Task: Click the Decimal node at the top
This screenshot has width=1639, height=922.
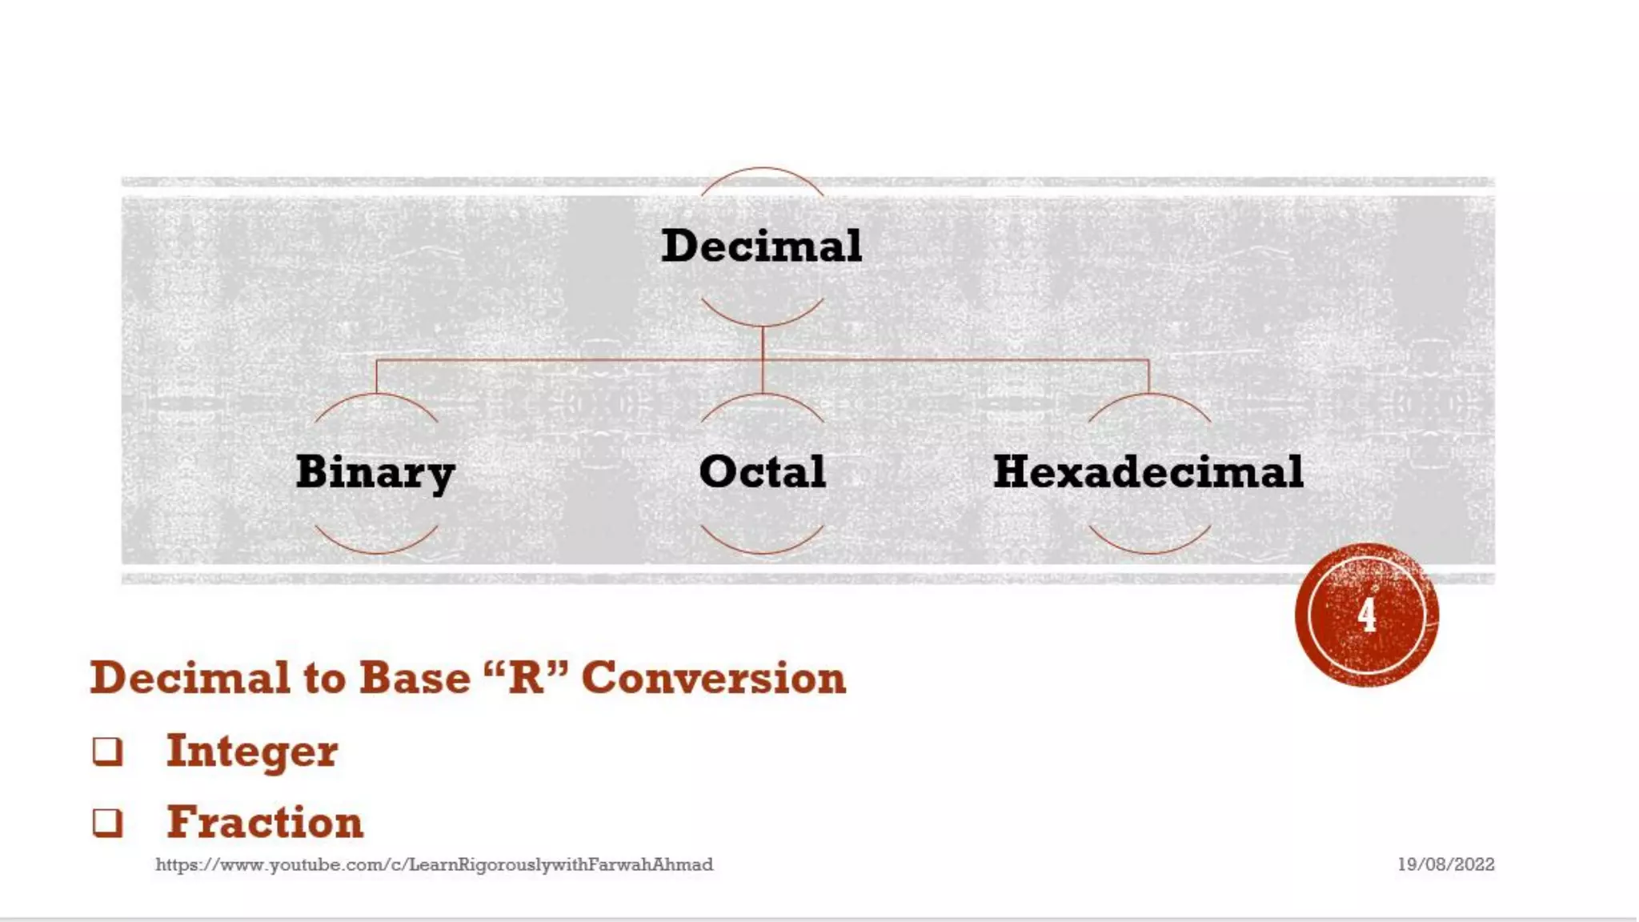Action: [x=762, y=245]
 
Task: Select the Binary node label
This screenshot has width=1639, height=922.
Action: [x=375, y=471]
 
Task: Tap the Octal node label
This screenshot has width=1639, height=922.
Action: [x=762, y=471]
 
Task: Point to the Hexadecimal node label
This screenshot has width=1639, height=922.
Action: [x=1148, y=471]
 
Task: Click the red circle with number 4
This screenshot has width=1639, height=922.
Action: [x=1367, y=615]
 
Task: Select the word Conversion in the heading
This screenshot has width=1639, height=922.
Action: [x=713, y=678]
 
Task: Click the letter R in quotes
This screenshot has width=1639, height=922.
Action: [x=526, y=677]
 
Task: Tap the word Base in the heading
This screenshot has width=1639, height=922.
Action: [x=415, y=678]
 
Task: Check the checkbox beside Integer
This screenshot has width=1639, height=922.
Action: [x=108, y=752]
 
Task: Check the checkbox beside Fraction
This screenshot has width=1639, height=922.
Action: [x=108, y=823]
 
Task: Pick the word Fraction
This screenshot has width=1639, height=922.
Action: [x=265, y=823]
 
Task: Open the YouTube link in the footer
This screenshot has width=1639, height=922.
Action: [x=434, y=864]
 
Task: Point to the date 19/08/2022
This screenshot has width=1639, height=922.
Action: [x=1445, y=864]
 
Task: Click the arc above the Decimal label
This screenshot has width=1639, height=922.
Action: [x=762, y=169]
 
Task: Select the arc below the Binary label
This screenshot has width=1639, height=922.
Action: [x=375, y=551]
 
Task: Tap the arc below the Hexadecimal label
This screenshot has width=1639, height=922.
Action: [x=1148, y=551]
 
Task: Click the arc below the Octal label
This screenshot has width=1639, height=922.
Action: [x=762, y=551]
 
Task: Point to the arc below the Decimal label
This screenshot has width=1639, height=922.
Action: [x=762, y=324]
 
